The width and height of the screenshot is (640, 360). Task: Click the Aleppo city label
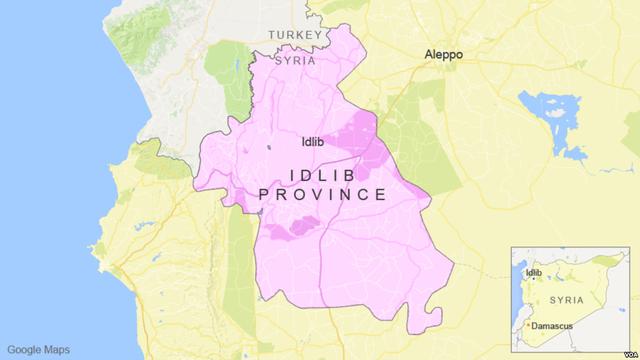click(x=443, y=55)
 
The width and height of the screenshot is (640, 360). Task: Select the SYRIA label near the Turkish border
click(x=296, y=61)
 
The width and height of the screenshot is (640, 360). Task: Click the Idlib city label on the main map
click(x=320, y=142)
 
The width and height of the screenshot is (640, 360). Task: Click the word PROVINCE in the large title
click(x=322, y=194)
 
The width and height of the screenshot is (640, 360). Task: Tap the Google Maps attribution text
click(x=39, y=349)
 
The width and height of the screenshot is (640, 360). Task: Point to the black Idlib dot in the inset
click(x=525, y=273)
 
